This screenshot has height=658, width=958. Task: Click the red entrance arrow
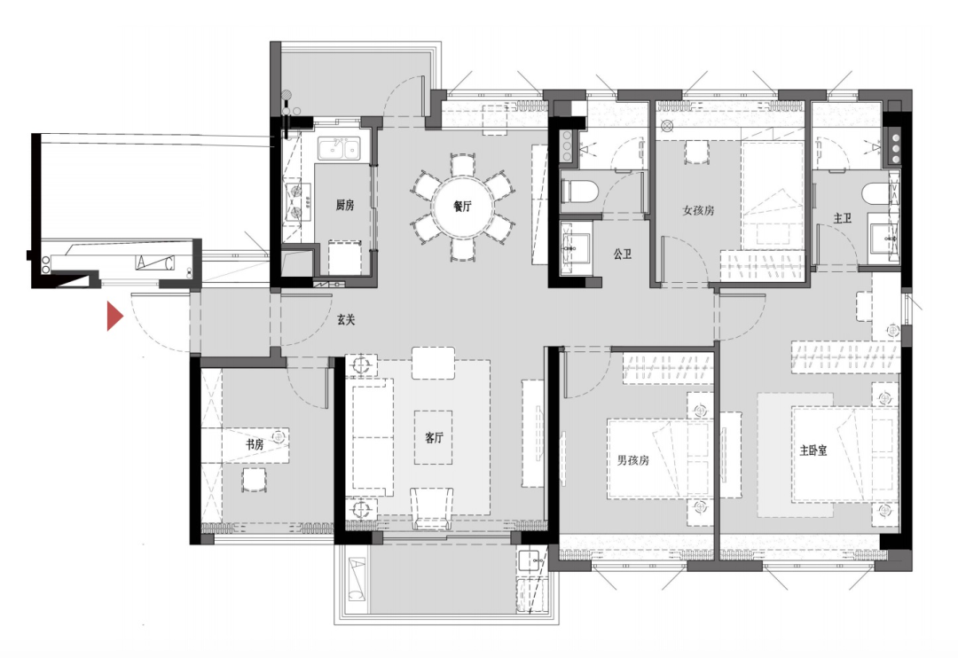tap(114, 316)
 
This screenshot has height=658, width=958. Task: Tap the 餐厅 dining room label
tap(462, 207)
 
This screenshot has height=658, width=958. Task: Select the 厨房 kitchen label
tap(345, 205)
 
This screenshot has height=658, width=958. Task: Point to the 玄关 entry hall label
tap(346, 319)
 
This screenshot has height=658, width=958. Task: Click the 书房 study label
tap(255, 444)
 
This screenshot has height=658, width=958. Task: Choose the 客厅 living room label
tap(434, 437)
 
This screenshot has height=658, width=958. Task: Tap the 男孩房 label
tap(633, 460)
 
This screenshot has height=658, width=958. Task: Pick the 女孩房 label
tap(698, 210)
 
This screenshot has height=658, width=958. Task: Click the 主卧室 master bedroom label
tap(813, 450)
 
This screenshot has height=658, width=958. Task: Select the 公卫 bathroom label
tap(623, 255)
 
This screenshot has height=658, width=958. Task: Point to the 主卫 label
tap(843, 218)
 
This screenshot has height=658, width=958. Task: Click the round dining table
tap(462, 208)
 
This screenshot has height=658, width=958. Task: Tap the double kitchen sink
tap(338, 148)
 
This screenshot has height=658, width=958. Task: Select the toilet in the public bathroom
tap(578, 192)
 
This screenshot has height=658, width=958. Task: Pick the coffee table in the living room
tap(433, 437)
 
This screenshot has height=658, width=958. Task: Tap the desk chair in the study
tap(254, 481)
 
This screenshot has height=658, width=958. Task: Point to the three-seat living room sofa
tap(372, 437)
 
